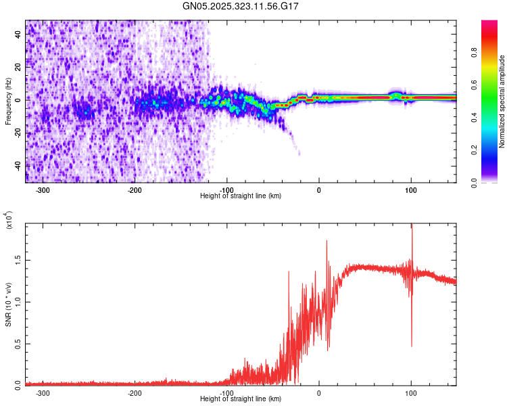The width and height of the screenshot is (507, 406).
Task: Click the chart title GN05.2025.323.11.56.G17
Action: [x=254, y=6]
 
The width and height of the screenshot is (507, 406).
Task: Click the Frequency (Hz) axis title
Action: [x=8, y=101]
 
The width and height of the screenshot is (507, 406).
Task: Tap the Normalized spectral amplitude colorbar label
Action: [x=502, y=101]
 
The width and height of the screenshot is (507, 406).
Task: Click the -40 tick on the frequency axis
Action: [x=17, y=166]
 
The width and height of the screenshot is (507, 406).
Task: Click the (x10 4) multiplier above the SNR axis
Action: [x=9, y=221]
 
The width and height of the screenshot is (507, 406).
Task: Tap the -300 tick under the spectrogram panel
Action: [x=43, y=190]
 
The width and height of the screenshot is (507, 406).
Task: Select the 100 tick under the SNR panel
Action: [x=411, y=393]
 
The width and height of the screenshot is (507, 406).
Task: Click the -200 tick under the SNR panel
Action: [x=135, y=393]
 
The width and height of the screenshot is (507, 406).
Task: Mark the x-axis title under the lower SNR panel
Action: [x=241, y=399]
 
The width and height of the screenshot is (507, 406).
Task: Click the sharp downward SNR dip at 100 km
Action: [x=412, y=345]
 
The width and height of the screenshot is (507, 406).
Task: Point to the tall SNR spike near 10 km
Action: [x=327, y=241]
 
